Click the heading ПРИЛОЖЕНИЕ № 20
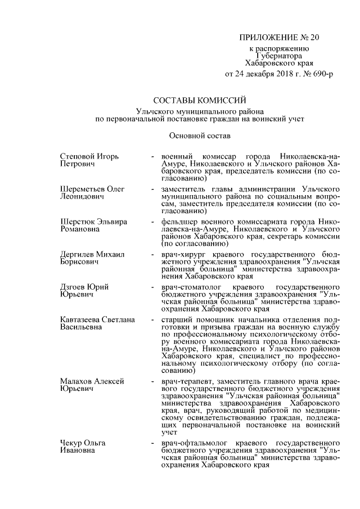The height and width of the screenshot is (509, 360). click(x=279, y=38)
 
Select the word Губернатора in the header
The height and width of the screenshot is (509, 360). click(x=279, y=56)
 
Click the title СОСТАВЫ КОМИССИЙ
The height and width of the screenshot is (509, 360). click(x=192, y=101)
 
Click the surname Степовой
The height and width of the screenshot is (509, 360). click(x=77, y=155)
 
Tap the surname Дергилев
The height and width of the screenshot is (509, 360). click(x=78, y=254)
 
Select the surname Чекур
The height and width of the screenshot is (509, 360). click(x=71, y=443)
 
